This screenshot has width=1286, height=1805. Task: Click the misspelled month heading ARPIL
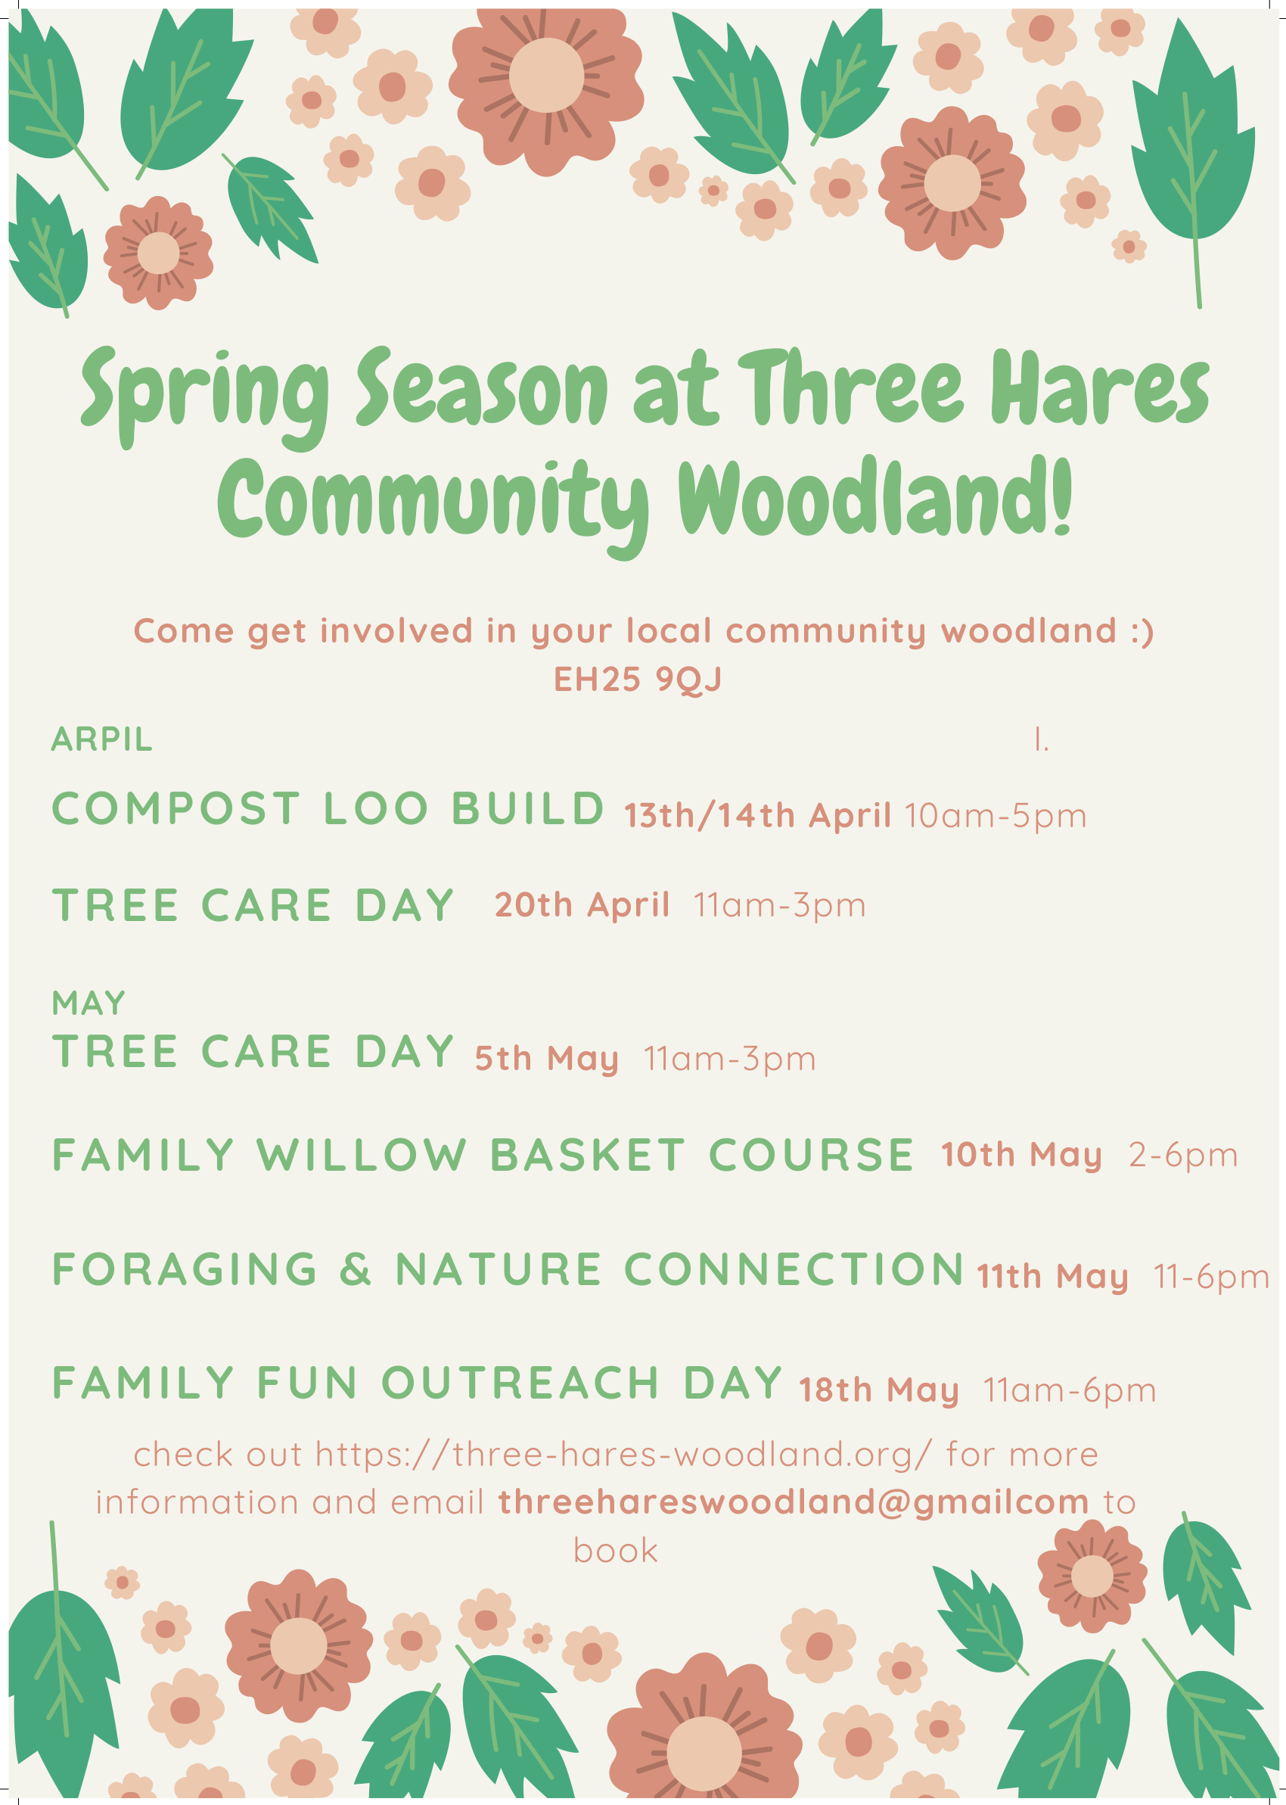101,739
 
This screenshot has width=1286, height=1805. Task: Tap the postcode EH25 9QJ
638,680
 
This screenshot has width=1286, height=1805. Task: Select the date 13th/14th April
757,816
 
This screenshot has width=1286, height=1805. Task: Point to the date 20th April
582,905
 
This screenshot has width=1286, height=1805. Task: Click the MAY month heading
89,1004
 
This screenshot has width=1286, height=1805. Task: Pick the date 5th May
546,1059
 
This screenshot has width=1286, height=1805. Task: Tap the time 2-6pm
1183,1156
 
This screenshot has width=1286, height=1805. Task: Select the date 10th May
1021,1156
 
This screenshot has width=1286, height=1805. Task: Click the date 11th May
1052,1277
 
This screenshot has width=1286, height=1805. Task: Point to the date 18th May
878,1390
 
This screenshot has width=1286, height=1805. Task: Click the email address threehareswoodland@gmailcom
794,1502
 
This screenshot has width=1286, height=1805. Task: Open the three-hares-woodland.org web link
624,1455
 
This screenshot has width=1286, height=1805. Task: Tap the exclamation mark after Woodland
1063,497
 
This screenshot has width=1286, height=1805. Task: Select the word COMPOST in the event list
176,808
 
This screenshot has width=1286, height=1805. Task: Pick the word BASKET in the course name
587,1155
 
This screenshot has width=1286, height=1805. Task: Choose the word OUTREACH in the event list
520,1383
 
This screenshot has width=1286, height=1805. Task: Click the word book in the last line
615,1551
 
